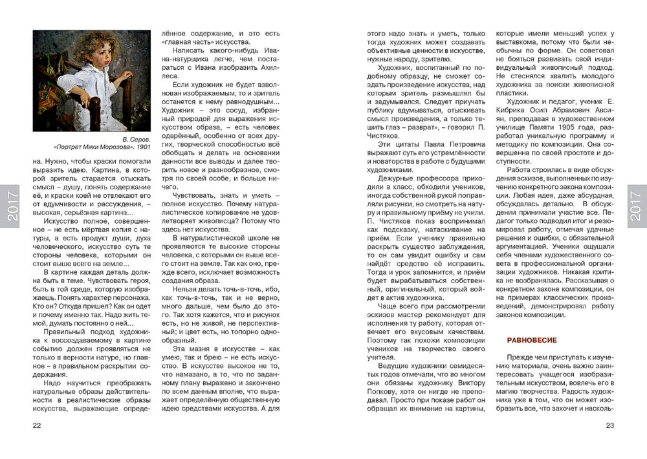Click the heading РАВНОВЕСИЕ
pos(532,339)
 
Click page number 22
pos(37,425)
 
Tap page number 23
pos(609,425)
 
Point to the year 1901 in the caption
pos(142,147)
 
